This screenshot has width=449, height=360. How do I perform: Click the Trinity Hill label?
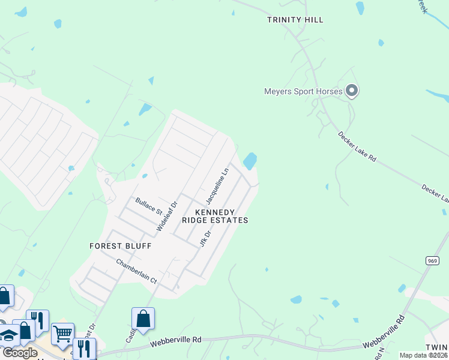[x=295, y=20]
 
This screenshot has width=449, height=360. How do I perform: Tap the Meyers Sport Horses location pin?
[x=352, y=91]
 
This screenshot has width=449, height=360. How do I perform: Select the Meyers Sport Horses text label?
[x=303, y=92]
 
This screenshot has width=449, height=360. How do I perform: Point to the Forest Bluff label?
[x=120, y=246]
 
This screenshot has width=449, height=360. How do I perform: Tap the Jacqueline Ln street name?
[x=217, y=186]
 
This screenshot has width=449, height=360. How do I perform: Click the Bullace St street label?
[x=149, y=206]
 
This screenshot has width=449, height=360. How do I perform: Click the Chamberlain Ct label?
[x=136, y=272]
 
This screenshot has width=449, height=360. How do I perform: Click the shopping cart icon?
[x=62, y=333]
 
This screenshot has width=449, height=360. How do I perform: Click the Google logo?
[x=19, y=353]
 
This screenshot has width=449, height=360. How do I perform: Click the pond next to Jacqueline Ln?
[x=250, y=161]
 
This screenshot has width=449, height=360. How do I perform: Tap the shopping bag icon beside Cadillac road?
[x=143, y=318]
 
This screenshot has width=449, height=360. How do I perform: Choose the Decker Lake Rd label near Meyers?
[x=357, y=147]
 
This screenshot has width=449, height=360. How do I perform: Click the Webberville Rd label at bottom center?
[x=175, y=340]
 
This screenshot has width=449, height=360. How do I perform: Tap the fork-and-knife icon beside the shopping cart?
[x=83, y=347]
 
